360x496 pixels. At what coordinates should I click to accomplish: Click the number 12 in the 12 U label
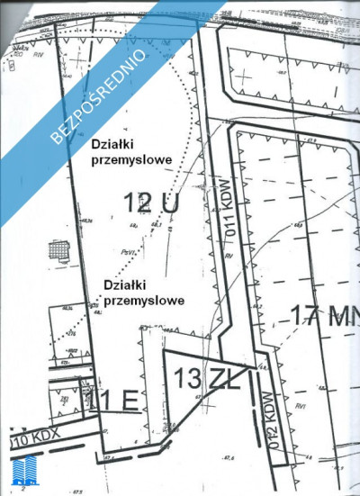pos(138,203)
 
